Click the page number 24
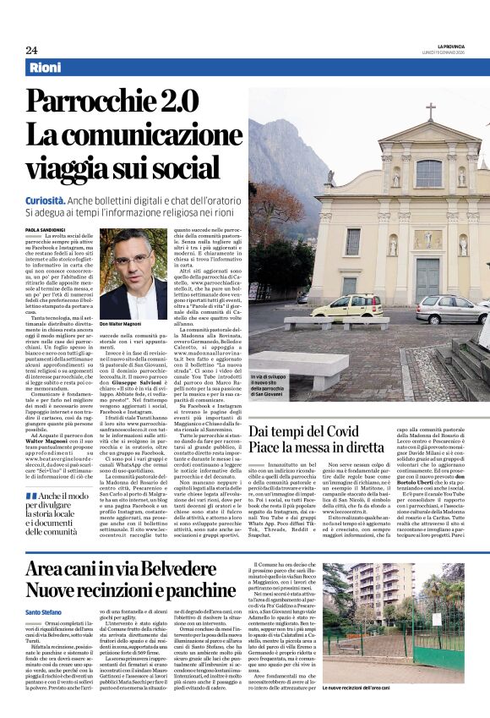[31, 50]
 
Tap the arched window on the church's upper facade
[428, 173]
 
